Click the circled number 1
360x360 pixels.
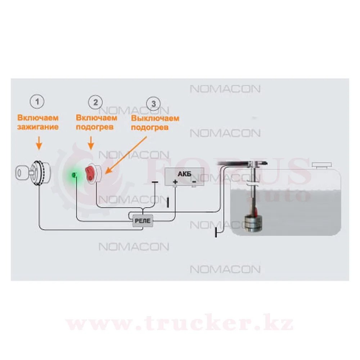39,102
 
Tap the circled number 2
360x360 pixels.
95,102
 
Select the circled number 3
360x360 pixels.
154,104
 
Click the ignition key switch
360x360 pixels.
32,172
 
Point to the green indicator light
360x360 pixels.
74,175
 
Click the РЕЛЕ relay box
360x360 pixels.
143,220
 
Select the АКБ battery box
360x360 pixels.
184,176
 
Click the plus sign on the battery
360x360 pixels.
175,182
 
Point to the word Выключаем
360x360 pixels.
155,118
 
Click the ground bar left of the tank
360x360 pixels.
216,233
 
